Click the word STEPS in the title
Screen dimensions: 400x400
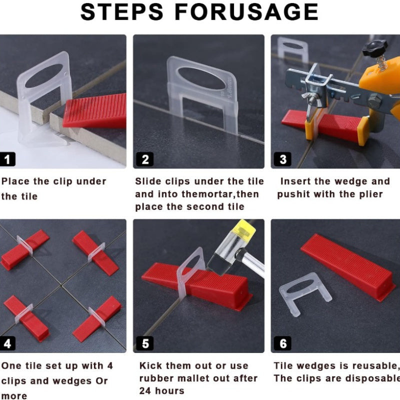click(121, 12)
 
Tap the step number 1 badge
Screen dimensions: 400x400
click(7, 159)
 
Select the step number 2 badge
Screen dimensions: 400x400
click(145, 159)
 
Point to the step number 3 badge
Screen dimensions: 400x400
click(282, 159)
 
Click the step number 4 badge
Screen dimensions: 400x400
click(7, 343)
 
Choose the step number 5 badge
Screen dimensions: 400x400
click(145, 343)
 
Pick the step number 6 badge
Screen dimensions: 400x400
click(282, 343)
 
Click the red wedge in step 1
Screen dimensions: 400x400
click(95, 110)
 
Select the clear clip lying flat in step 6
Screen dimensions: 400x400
click(305, 293)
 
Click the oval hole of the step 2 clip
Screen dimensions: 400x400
click(202, 78)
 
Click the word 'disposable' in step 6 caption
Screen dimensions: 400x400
click(372, 378)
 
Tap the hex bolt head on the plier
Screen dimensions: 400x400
click(374, 101)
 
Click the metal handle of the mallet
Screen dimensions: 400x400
click(252, 262)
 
